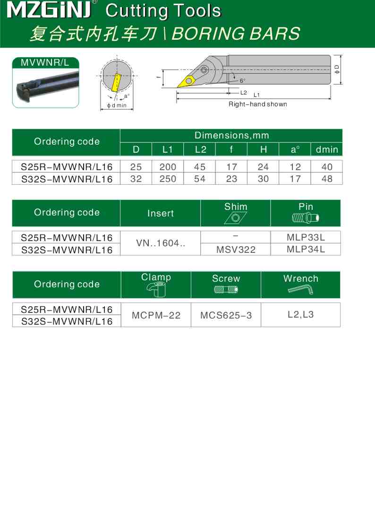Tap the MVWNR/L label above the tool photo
pos(45,63)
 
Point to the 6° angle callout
pos(242,80)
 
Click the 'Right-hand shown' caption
pos(257,104)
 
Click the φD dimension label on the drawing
pos(337,69)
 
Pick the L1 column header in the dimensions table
pos(168,150)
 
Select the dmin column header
pos(327,150)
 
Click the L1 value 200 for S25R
pos(168,167)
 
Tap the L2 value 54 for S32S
pos(200,179)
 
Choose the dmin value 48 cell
pos(327,179)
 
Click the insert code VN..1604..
pos(160,243)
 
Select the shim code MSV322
pos(236,250)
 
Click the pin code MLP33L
pos(306,237)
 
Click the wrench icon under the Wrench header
pos(300,290)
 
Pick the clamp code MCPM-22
pos(156,315)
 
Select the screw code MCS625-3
pos(226,315)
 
